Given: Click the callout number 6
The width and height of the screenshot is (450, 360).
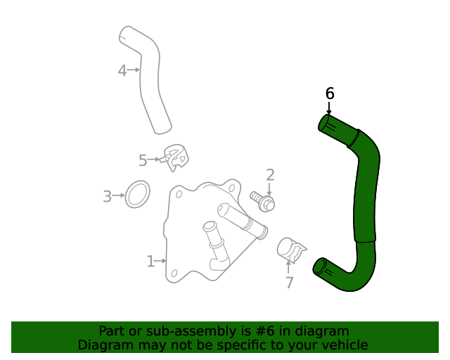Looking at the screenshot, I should pos(330,94).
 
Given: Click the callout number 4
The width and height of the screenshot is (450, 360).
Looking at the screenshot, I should pos(122,70).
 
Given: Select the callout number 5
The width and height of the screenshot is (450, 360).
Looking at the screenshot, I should pos(143,160).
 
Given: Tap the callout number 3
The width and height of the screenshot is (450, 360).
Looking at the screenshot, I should pos(108,197).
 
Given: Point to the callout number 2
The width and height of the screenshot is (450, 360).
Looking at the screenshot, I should pos(270,175).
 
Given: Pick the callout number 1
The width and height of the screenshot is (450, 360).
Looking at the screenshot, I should pos(150,262).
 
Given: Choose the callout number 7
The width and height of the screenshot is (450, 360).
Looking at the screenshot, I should pos(289,283).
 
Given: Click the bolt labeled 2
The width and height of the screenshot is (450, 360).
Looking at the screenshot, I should pos(263,201).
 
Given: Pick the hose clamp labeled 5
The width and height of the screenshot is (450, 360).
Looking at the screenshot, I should pos(175,158).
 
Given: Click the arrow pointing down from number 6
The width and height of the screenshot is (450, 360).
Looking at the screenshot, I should pos(328,108).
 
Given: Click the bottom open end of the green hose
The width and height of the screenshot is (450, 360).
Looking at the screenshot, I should pos(319,266).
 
